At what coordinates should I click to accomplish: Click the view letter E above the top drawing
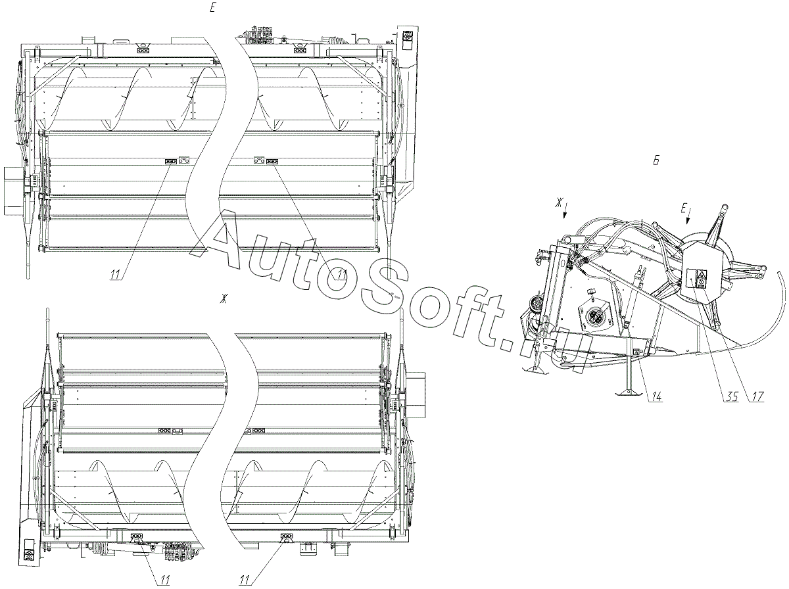pos(213,9)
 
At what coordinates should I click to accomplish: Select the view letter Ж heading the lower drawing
pos(225,298)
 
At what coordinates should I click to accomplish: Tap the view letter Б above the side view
pos(656,160)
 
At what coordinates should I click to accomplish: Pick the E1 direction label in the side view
pos(684,209)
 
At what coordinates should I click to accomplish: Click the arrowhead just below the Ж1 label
pos(564,215)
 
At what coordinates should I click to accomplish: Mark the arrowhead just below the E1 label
pos(687,221)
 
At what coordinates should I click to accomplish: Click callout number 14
pos(656,396)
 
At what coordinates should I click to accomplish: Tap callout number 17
pos(757,396)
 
